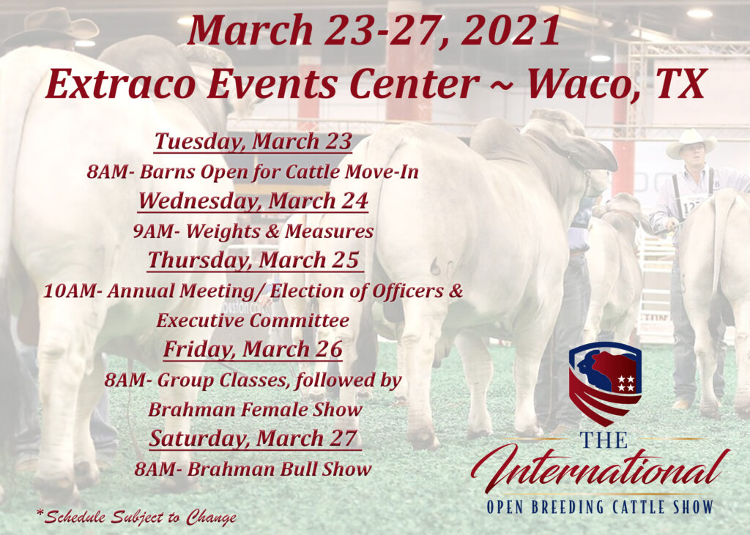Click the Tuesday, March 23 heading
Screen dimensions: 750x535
click(253, 141)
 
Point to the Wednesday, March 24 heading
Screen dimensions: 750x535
click(253, 201)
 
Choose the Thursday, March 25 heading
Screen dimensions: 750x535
click(253, 260)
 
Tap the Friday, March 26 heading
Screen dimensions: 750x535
click(253, 349)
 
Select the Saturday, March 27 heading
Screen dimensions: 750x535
click(253, 438)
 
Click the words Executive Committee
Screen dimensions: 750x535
click(253, 321)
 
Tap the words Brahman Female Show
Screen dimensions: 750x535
click(255, 410)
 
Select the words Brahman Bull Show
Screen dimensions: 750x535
click(279, 470)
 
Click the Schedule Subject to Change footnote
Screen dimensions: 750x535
click(136, 517)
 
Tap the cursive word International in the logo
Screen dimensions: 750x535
click(601, 468)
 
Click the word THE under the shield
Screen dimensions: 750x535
click(604, 440)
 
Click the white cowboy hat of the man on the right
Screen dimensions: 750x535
click(691, 143)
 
